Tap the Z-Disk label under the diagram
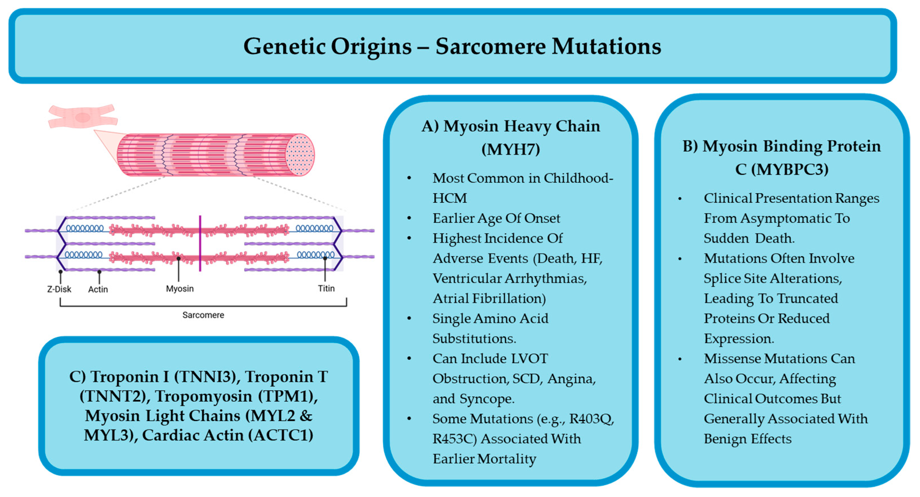click(59, 289)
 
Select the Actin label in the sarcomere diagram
click(98, 289)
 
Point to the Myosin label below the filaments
click(180, 289)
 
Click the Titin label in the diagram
click(326, 288)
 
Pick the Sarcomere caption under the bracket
click(203, 315)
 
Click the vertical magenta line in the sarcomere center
click(200, 243)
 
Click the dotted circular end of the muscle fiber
click(300, 155)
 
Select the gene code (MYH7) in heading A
click(511, 149)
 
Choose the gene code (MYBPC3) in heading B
click(782, 169)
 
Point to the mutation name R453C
click(455, 439)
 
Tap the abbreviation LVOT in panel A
click(530, 358)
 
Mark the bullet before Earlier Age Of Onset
click(409, 218)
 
